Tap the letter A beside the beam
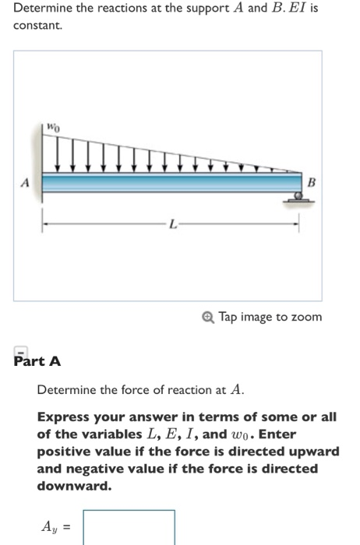(x=26, y=184)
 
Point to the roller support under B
(x=295, y=199)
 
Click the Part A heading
(x=37, y=362)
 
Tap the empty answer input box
(x=129, y=527)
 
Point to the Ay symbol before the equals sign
(x=48, y=528)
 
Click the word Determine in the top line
(x=41, y=11)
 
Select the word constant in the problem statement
(x=36, y=26)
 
